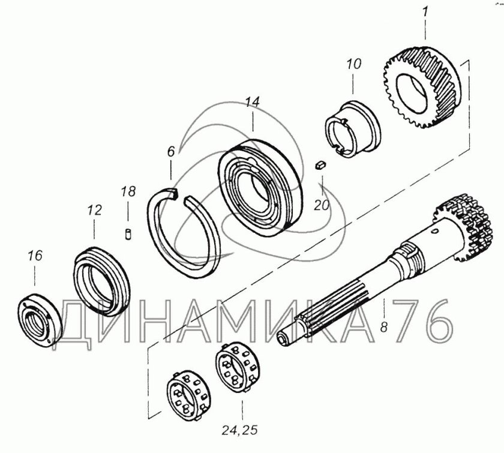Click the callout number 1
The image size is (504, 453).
(425, 13)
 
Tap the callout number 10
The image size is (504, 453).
(353, 64)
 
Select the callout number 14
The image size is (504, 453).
(253, 102)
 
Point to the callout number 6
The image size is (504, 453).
(170, 151)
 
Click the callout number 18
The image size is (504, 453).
(128, 191)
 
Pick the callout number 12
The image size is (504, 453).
(94, 210)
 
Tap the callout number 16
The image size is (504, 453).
(35, 256)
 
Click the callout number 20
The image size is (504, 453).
(322, 205)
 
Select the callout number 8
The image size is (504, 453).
(384, 327)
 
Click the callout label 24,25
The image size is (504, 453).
(239, 430)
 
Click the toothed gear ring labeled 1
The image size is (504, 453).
(422, 88)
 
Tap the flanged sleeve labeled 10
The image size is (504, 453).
(353, 129)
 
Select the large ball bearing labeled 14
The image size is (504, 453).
(260, 188)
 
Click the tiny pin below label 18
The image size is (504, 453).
(128, 233)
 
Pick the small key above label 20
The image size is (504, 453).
(321, 166)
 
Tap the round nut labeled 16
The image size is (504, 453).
(40, 320)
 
